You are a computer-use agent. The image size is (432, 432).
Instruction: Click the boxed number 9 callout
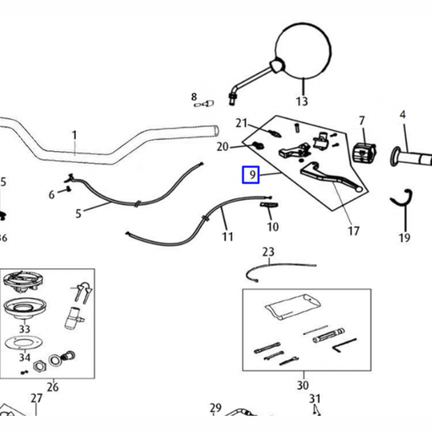(x=251, y=175)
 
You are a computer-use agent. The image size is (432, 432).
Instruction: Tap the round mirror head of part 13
(x=303, y=51)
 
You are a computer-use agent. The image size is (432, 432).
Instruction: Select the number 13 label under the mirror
(x=302, y=101)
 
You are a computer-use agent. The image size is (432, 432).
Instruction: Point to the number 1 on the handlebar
(x=74, y=135)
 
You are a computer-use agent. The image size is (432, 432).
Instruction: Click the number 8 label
(x=194, y=97)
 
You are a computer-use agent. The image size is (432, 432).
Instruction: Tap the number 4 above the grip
(x=402, y=115)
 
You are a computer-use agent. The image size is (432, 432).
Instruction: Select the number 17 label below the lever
(x=354, y=231)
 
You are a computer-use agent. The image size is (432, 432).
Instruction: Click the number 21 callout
(x=241, y=123)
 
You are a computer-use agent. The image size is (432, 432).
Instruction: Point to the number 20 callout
(x=223, y=147)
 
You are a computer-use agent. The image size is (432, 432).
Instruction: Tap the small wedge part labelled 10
(x=268, y=205)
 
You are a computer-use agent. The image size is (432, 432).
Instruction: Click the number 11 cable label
(x=228, y=237)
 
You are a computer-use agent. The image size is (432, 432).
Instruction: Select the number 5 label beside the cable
(x=78, y=213)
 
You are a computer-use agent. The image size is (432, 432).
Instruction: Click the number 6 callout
(x=51, y=195)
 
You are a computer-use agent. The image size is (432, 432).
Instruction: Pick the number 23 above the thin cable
(x=268, y=251)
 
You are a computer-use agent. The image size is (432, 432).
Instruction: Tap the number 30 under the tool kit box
(x=303, y=385)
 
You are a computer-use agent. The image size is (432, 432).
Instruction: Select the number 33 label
(x=24, y=329)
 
